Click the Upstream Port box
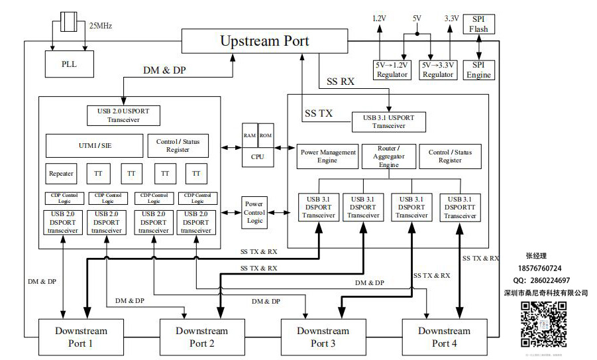click(264, 41)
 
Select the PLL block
click(69, 64)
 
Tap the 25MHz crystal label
click(100, 26)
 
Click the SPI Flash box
click(478, 25)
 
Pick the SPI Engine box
click(478, 70)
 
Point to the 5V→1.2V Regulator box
click(392, 70)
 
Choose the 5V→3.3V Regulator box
click(438, 70)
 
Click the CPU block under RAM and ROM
click(256, 156)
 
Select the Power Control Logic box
click(254, 212)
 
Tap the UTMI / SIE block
click(94, 145)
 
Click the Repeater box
click(61, 174)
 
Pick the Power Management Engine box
click(327, 156)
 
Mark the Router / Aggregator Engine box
click(388, 156)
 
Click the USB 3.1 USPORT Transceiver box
click(388, 122)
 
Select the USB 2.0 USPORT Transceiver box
click(123, 115)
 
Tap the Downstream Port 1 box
click(81, 337)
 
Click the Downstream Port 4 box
click(444, 337)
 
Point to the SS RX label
click(341, 82)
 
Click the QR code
click(543, 324)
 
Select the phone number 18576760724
click(543, 269)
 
